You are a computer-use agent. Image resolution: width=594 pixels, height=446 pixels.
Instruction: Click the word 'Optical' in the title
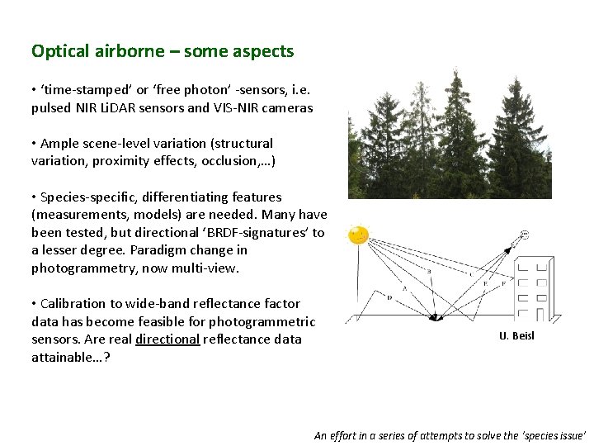59,51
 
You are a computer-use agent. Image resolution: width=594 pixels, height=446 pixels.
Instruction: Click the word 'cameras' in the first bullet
288,107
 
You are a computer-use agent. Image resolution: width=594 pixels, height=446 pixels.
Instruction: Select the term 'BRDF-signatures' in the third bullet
255,232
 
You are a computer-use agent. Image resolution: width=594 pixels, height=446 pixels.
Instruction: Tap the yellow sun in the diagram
359,235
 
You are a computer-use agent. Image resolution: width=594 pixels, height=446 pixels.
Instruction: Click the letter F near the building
502,283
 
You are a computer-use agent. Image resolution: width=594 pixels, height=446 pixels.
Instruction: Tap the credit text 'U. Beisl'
516,335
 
